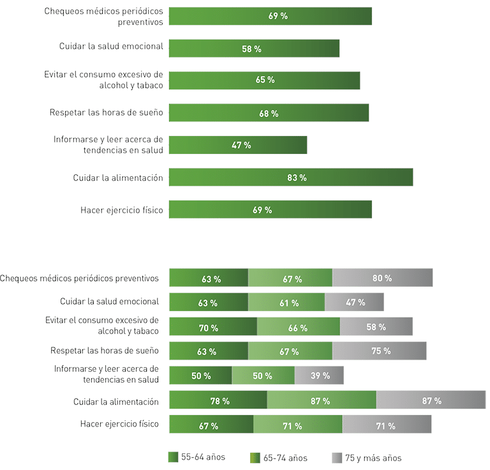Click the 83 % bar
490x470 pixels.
(x=290, y=178)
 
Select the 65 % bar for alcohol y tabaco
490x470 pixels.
(x=264, y=80)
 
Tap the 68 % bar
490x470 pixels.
(x=269, y=113)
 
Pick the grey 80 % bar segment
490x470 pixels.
(x=382, y=278)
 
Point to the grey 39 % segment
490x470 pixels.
(x=319, y=375)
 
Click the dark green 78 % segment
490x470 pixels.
(x=218, y=400)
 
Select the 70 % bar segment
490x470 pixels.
(x=212, y=327)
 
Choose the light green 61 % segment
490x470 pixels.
(x=286, y=303)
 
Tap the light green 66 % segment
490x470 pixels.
(x=298, y=327)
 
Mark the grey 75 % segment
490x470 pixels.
(x=380, y=351)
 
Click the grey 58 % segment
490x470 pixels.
(x=376, y=327)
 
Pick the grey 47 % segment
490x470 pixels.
(x=355, y=303)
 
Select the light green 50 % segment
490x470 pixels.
(x=263, y=375)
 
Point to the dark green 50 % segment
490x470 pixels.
(x=200, y=375)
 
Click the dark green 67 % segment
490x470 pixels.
(x=211, y=425)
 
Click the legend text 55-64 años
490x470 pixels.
(x=203, y=457)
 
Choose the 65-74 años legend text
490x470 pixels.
(x=285, y=457)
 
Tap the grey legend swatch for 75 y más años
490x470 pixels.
(x=337, y=458)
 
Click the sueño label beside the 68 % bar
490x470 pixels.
(x=107, y=113)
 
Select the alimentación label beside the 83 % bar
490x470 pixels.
(x=118, y=178)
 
